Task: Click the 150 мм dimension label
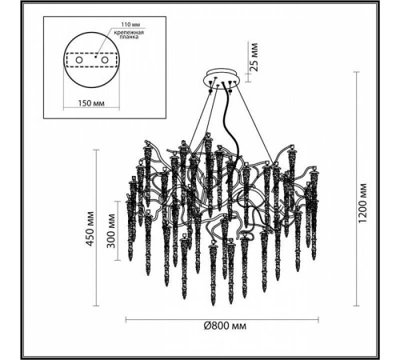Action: tap(91, 103)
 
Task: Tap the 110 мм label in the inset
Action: tap(129, 25)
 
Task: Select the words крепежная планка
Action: tap(129, 34)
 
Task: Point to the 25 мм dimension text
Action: tap(254, 57)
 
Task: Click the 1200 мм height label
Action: tap(363, 204)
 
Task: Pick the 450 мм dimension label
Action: tap(90, 229)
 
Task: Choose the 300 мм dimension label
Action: tap(111, 231)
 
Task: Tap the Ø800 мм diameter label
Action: tap(226, 326)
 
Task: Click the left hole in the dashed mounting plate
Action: tap(79, 60)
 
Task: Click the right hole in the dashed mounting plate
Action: tap(104, 60)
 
